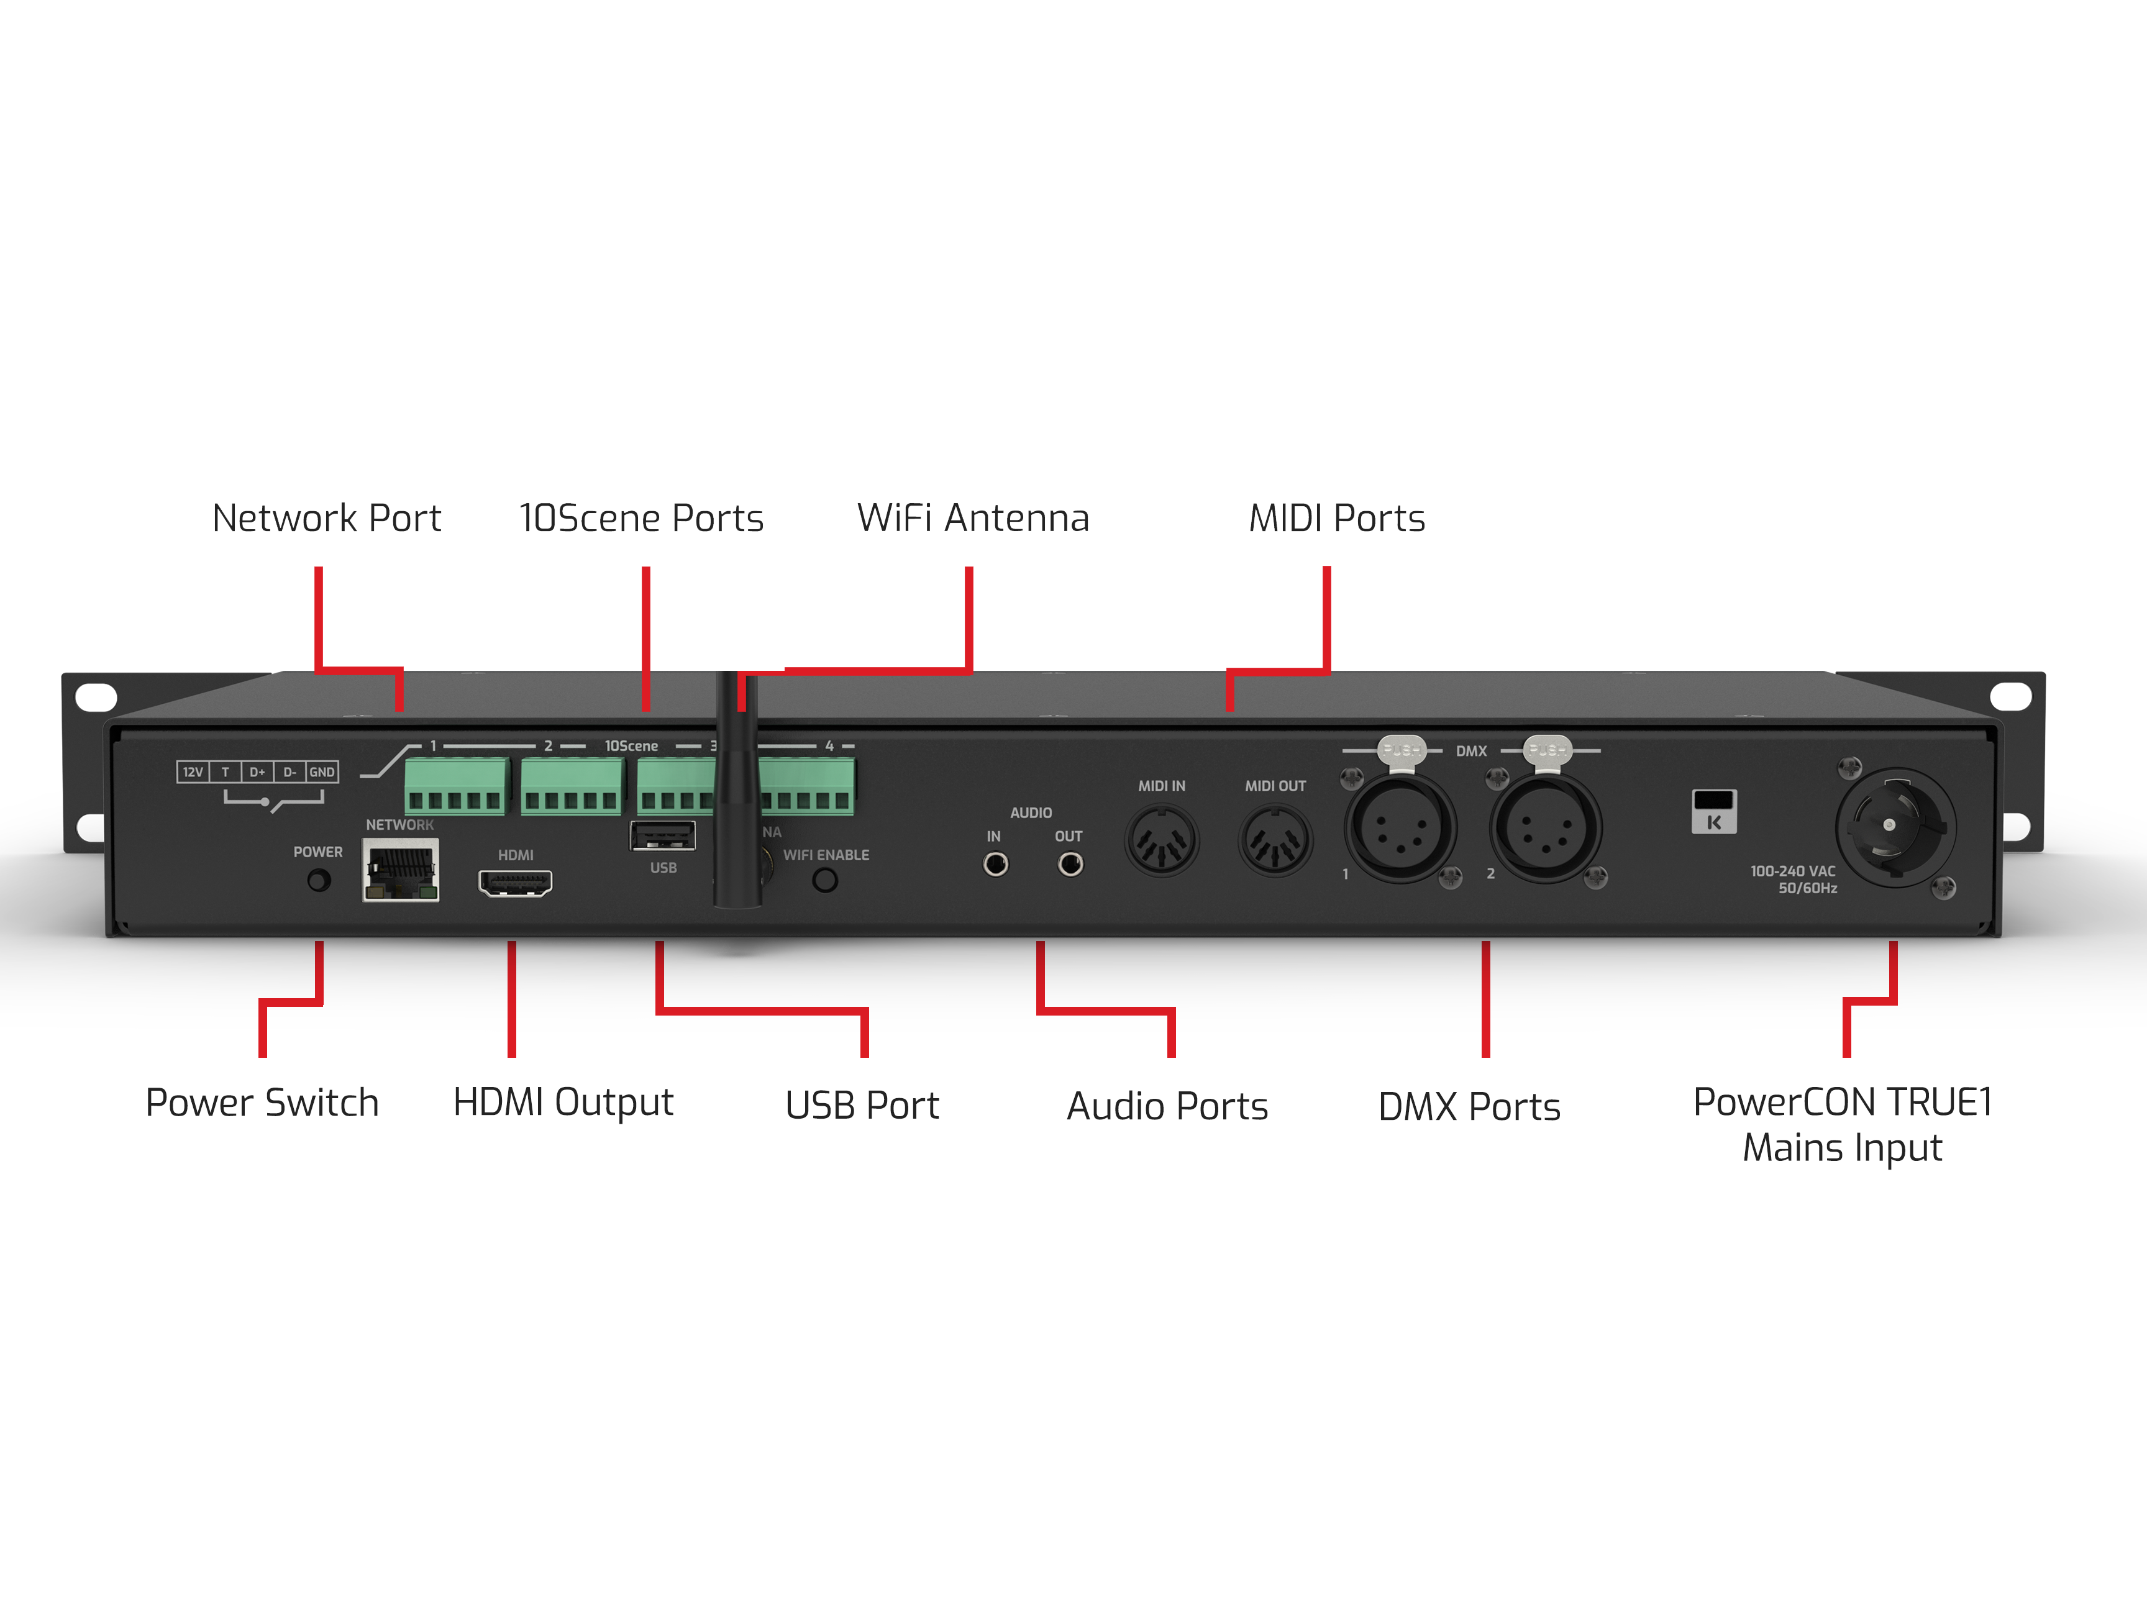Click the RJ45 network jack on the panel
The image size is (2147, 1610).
coord(401,870)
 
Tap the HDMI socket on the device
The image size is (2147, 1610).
coord(514,883)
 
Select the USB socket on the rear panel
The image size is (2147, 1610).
coord(663,835)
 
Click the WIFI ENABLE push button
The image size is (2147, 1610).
coord(825,880)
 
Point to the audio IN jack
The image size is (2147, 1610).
coord(995,864)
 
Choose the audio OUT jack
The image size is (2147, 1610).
coord(1070,864)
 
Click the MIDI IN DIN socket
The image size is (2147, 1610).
coord(1162,840)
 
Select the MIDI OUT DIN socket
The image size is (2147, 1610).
coord(1275,840)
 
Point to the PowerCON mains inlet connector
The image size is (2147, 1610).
coord(1895,827)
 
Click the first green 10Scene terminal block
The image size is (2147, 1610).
coord(456,786)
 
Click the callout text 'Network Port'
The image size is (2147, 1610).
coord(326,518)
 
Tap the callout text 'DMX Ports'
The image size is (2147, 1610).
coord(1469,1106)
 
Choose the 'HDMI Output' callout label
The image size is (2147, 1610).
coord(563,1103)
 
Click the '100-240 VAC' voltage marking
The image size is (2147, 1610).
coord(1793,871)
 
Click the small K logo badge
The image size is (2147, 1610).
coord(1714,811)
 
